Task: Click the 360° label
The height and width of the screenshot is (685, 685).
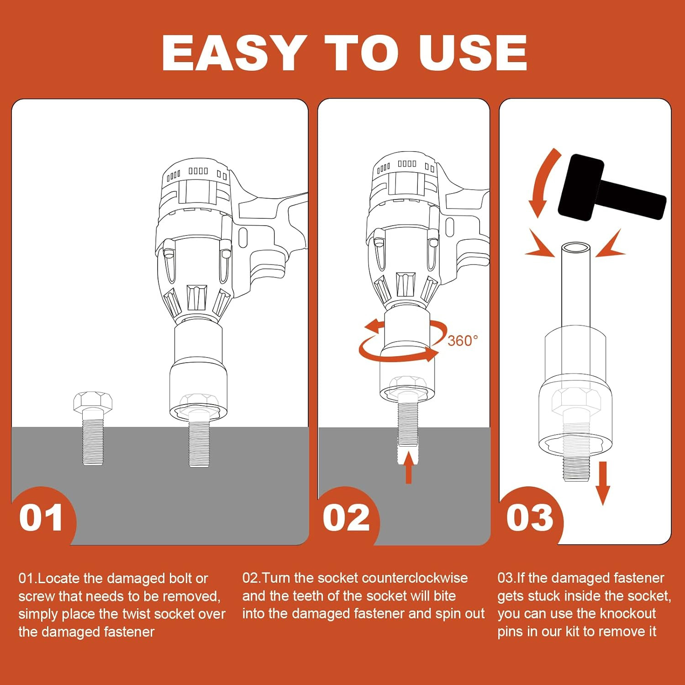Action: click(x=463, y=341)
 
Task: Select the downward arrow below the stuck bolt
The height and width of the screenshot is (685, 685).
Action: click(x=603, y=483)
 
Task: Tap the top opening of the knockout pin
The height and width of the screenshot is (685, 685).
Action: click(x=575, y=249)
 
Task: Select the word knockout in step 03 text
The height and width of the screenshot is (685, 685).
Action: click(x=627, y=613)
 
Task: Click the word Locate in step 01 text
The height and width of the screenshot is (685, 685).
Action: click(x=58, y=578)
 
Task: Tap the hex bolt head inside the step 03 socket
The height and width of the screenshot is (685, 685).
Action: click(x=575, y=400)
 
